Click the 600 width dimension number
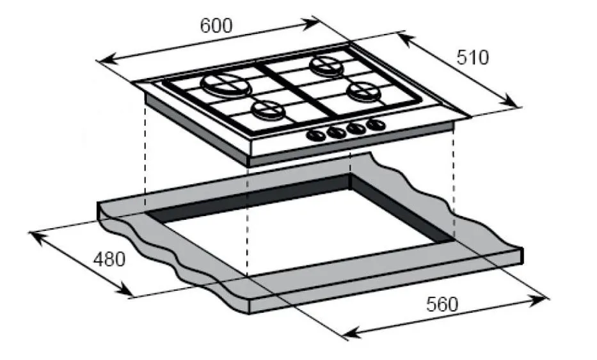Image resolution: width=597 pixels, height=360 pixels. [216, 26]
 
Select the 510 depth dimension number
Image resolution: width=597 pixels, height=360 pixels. [472, 58]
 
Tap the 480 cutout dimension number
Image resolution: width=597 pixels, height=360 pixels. [109, 260]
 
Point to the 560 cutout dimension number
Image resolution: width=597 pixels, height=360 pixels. [442, 304]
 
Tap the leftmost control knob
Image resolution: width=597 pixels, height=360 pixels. [315, 135]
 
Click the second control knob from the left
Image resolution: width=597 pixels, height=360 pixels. [336, 132]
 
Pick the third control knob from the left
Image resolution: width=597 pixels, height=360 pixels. [356, 128]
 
